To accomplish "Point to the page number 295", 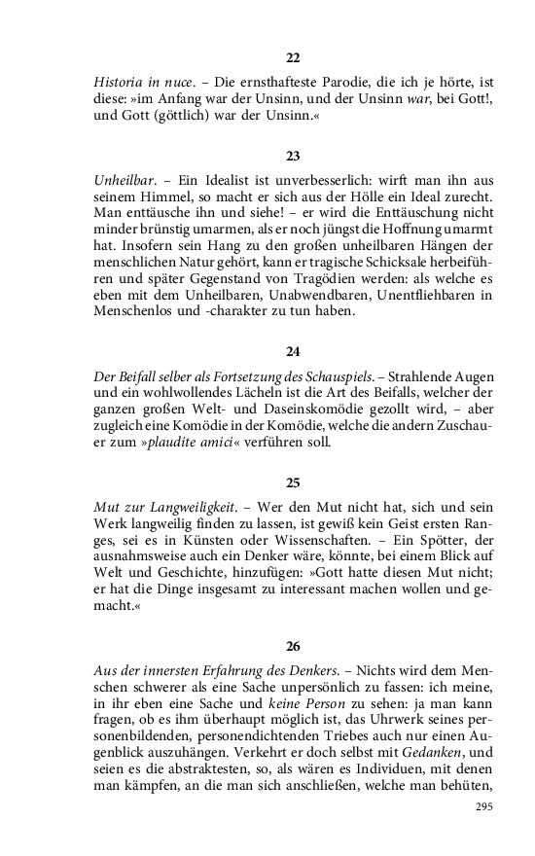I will coord(484,807).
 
